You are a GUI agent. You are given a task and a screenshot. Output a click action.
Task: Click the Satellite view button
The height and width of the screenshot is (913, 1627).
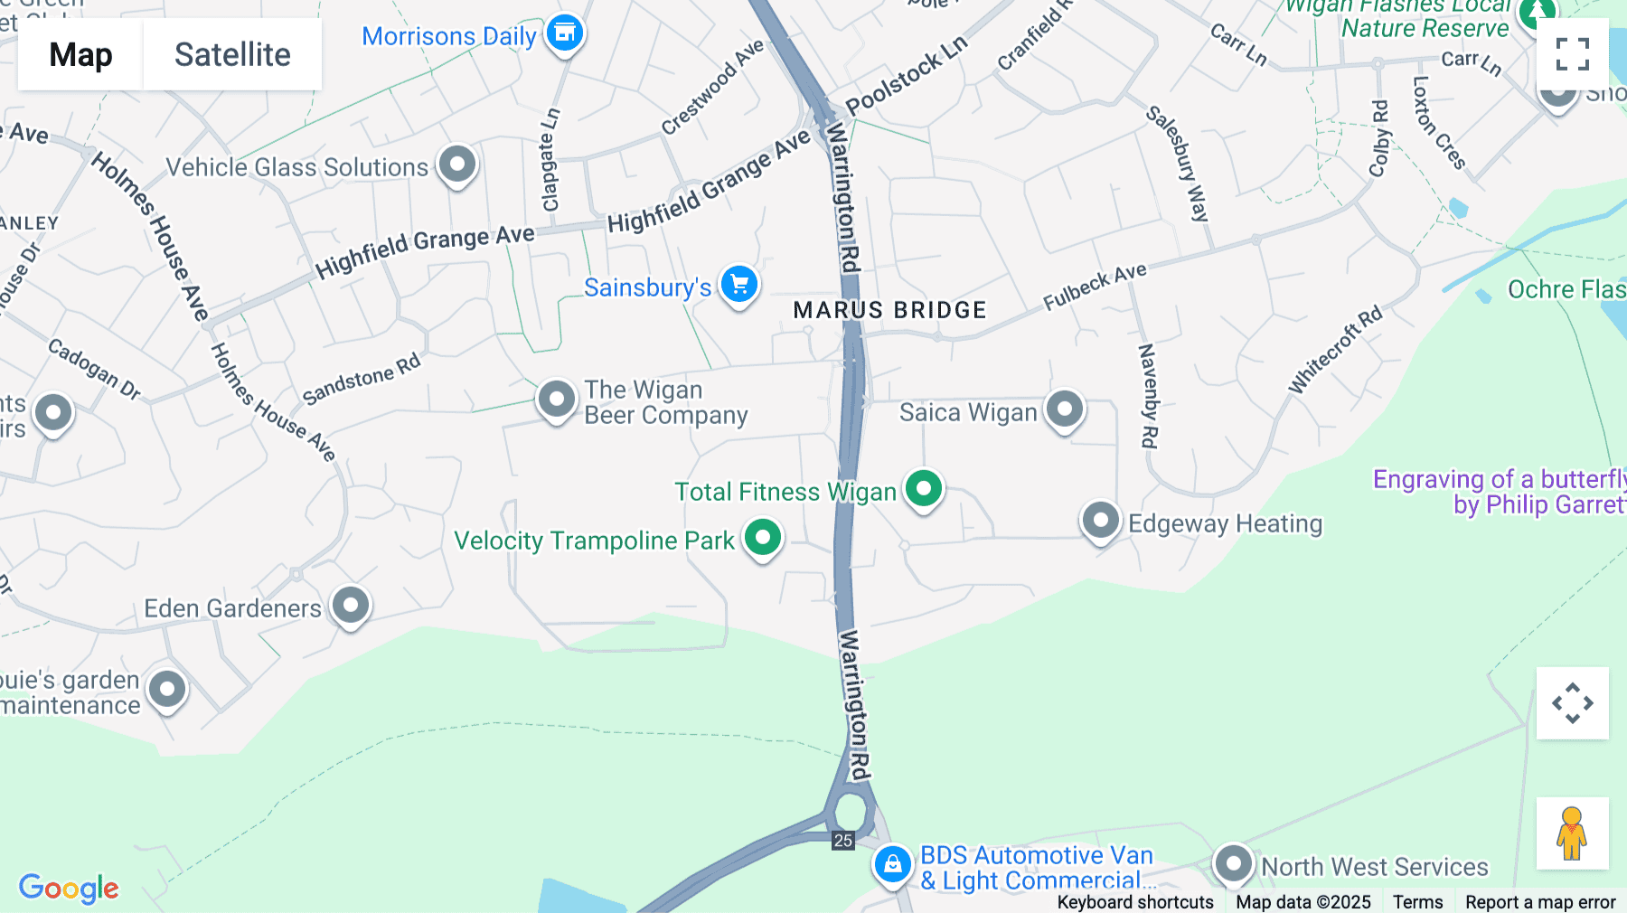232,54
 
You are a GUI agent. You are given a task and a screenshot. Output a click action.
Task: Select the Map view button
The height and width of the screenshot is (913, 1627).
80,54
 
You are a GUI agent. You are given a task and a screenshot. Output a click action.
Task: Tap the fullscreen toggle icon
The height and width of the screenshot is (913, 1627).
1572,54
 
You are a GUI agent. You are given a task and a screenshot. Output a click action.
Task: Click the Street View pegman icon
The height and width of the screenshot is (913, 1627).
1572,833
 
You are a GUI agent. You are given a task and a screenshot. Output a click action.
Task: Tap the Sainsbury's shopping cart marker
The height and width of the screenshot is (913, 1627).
739,285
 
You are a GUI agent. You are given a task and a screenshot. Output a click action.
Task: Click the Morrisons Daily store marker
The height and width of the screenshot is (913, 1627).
566,33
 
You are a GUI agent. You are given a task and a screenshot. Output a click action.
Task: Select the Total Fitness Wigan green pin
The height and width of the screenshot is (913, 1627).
923,489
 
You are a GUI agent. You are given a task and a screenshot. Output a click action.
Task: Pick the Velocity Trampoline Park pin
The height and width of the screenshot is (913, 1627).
763,538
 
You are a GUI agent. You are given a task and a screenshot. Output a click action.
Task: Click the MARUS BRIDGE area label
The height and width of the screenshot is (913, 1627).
889,310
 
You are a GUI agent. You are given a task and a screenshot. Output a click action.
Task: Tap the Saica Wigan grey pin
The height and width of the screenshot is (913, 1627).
1065,409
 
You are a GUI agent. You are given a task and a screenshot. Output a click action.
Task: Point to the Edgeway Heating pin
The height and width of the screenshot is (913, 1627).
1100,521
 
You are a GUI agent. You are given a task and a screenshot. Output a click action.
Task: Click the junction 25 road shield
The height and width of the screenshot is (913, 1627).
843,841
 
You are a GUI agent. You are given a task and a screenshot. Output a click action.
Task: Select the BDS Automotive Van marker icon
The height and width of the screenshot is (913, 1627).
892,864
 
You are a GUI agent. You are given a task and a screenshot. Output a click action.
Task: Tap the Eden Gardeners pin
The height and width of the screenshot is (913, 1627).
351,604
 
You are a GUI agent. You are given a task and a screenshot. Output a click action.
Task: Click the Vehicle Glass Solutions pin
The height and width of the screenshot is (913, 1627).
457,165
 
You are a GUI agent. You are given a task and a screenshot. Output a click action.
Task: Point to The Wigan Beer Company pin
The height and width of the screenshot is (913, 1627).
557,399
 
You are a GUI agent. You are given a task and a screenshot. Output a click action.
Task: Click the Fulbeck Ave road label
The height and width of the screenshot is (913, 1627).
1095,287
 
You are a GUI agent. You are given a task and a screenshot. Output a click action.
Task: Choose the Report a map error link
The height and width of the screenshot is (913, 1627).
1540,902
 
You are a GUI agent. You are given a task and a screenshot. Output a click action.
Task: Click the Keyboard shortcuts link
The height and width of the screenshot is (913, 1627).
1135,902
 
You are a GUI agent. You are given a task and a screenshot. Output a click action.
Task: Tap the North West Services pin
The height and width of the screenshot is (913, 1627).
1234,863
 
